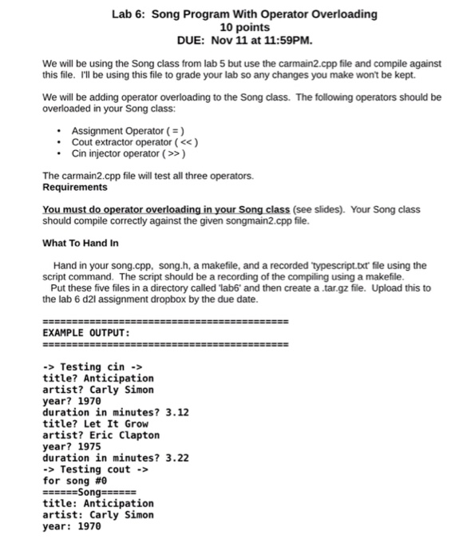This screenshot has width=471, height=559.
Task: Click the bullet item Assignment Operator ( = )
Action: tap(129, 130)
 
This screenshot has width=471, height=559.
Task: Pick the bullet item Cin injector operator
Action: tap(130, 154)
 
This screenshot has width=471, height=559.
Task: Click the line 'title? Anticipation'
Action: tap(97, 378)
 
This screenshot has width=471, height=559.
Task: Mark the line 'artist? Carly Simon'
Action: tap(97, 390)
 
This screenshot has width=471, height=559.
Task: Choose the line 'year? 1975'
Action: tap(71, 447)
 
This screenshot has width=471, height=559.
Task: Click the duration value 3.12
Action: tap(176, 412)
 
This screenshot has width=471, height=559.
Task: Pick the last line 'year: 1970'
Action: tap(71, 526)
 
